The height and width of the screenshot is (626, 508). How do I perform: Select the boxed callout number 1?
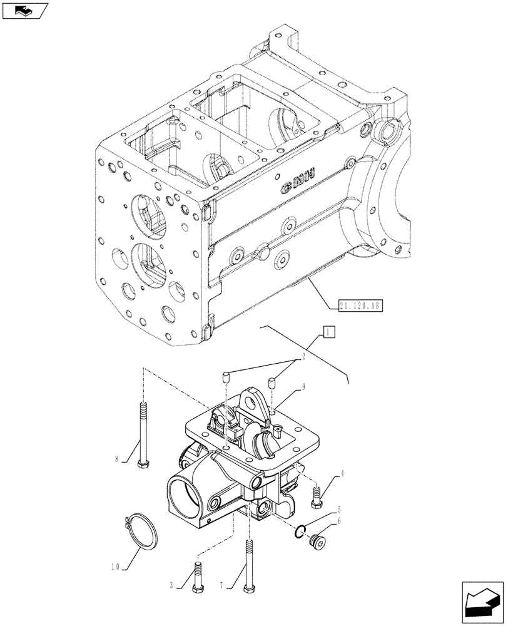click(329, 332)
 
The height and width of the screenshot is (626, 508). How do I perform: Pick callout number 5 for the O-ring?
click(338, 510)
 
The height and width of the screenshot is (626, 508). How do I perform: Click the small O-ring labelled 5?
click(301, 532)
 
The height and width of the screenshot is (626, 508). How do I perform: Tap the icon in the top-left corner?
click(24, 11)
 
